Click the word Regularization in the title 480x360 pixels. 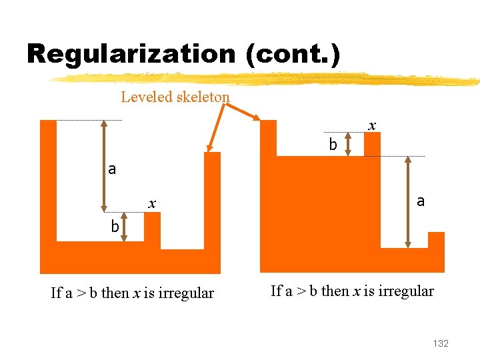coord(131,53)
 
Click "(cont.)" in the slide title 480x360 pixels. coord(293,53)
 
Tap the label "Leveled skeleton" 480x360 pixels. coord(175,97)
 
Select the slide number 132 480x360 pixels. coord(441,343)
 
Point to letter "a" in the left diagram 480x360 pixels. coord(112,169)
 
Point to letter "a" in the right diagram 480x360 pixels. coord(420,200)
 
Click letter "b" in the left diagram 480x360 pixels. coord(115,227)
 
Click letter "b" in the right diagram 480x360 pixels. coord(333,144)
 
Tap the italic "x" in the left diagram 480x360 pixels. coord(152,204)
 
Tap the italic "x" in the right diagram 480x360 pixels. coord(372,125)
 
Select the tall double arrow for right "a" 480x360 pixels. coord(408,203)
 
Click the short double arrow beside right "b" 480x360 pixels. coord(348,143)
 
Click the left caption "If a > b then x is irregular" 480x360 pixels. coord(132,293)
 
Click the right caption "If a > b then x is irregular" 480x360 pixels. coord(352,291)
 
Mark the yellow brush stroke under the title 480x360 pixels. coord(267,79)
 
